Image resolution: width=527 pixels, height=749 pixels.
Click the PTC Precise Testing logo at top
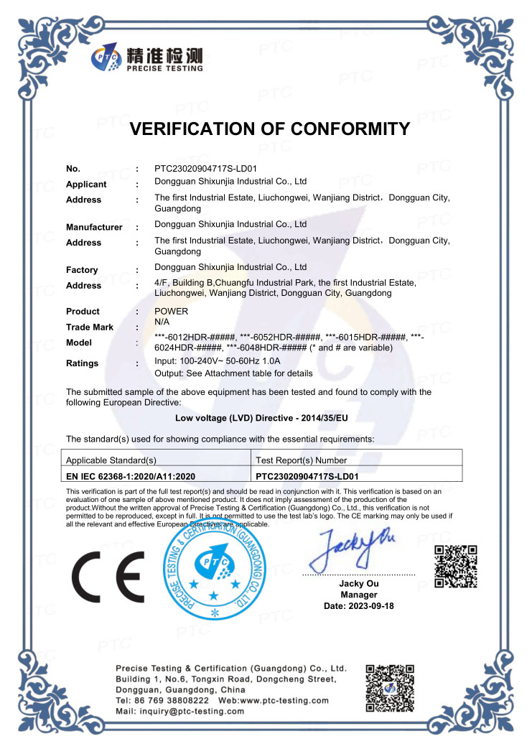point(147,57)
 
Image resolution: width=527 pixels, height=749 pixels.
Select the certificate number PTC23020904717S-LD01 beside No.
point(211,169)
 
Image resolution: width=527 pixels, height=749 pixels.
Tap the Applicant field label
point(86,185)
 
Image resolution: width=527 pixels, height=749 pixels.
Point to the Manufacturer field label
point(94,227)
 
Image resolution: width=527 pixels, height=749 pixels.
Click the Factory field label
point(82,270)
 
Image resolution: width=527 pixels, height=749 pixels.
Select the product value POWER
point(172,312)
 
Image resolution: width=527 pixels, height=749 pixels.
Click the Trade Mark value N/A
point(163,323)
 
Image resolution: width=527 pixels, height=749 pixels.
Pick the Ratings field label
point(82,363)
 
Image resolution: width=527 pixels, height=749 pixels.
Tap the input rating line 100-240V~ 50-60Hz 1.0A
point(227,361)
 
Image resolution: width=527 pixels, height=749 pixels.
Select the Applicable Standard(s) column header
point(111,460)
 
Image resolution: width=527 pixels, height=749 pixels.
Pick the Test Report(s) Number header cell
point(302,460)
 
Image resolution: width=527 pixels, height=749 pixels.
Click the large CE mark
point(108,576)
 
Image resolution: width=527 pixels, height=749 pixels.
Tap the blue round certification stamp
point(215,571)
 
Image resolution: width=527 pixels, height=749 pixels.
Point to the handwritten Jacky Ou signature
point(355,550)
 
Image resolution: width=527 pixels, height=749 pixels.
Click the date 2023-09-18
point(359,606)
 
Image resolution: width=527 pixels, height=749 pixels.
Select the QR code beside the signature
point(456,567)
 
